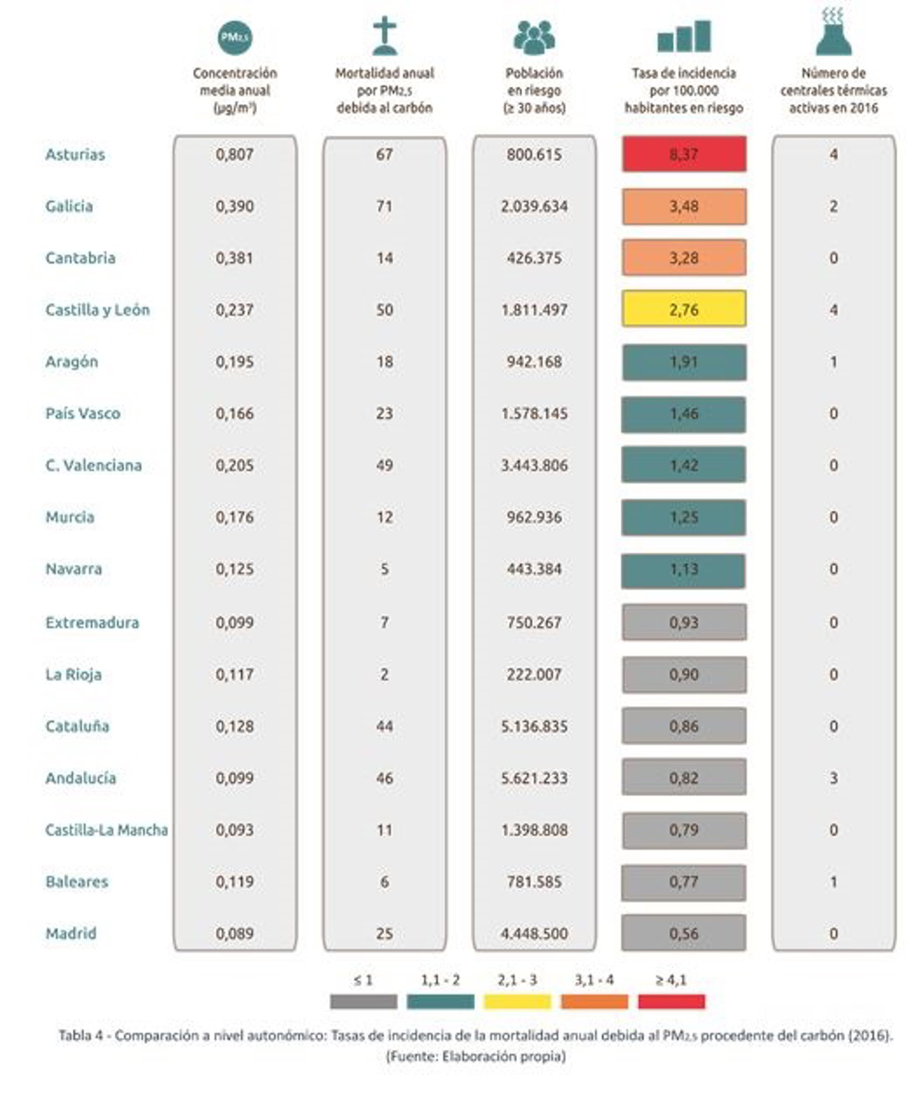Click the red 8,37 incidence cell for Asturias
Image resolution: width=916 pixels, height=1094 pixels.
tap(684, 154)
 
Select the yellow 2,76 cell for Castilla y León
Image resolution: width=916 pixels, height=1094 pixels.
tap(684, 310)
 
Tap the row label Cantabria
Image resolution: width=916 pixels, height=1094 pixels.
tap(80, 258)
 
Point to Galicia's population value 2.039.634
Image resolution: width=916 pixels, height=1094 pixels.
tap(534, 206)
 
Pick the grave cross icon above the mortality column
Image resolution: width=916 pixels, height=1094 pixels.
tap(385, 36)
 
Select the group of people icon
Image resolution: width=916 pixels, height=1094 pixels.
tap(534, 38)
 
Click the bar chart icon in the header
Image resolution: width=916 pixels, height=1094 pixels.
tap(684, 36)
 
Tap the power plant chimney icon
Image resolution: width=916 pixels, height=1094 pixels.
tap(833, 32)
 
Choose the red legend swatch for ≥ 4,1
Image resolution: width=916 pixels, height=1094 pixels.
tap(671, 1001)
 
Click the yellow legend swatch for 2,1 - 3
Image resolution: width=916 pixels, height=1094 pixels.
tap(517, 1001)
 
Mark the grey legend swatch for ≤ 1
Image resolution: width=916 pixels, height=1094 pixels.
tap(363, 1001)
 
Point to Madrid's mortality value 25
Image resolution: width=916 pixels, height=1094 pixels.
tap(385, 933)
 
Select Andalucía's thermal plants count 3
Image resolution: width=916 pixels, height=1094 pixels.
tap(833, 778)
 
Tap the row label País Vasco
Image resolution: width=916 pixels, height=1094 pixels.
tap(83, 413)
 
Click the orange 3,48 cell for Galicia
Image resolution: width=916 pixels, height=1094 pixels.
tap(684, 206)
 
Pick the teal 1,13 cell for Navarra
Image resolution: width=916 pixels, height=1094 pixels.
tap(684, 569)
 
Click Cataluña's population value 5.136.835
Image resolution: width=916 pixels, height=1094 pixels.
tap(534, 726)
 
